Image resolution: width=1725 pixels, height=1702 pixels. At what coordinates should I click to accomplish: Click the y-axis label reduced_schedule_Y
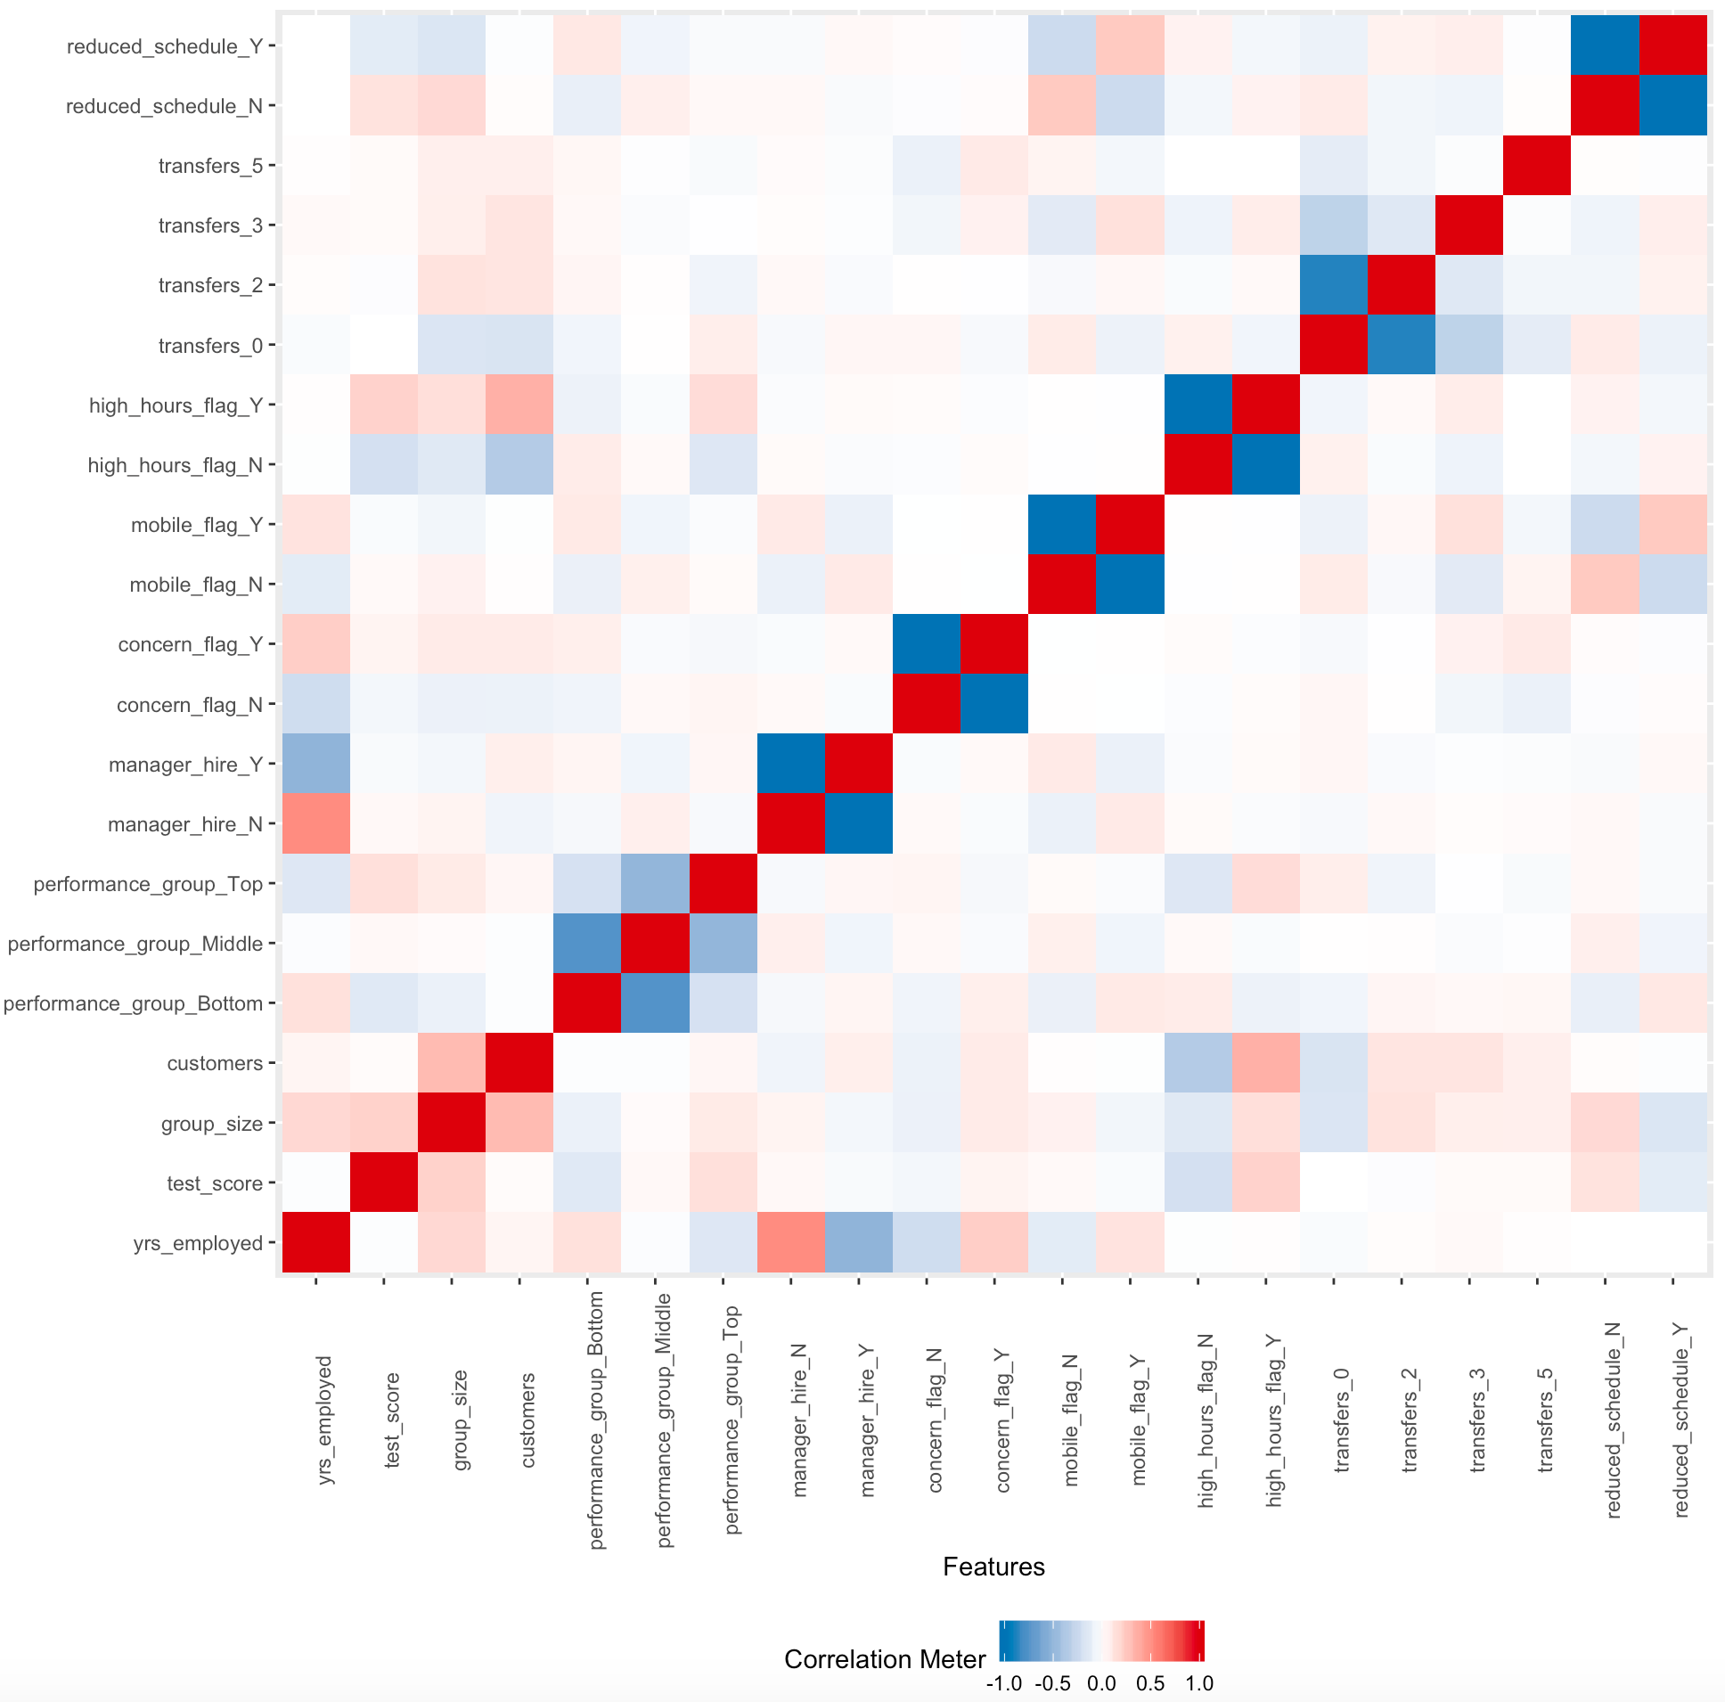click(164, 46)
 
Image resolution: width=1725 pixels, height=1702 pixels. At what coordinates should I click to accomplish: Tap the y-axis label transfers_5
click(209, 166)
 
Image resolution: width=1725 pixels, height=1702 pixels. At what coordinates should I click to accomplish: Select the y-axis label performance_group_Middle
click(135, 944)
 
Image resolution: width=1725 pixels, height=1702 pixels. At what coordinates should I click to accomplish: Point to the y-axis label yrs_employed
click(197, 1243)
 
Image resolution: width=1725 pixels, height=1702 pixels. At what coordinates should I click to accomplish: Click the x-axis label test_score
click(391, 1420)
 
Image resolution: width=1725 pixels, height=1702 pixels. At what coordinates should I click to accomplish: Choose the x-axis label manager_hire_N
click(799, 1420)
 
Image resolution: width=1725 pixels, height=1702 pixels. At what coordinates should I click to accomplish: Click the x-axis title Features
click(993, 1567)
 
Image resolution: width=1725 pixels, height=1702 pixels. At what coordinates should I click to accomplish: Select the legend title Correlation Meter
click(884, 1659)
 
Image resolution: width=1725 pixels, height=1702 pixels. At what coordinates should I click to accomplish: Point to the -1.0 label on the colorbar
click(1003, 1683)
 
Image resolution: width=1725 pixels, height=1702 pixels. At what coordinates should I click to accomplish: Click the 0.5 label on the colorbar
click(1150, 1683)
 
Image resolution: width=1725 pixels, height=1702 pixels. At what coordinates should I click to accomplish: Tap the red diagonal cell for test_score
click(384, 1182)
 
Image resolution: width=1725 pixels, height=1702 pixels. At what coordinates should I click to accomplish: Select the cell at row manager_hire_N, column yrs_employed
click(316, 823)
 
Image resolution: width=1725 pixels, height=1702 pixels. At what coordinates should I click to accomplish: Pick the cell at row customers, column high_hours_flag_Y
click(1266, 1062)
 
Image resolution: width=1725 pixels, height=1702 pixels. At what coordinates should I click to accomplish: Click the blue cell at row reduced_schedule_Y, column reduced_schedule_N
click(1606, 45)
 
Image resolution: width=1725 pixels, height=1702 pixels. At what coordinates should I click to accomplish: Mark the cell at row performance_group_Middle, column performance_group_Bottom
click(587, 943)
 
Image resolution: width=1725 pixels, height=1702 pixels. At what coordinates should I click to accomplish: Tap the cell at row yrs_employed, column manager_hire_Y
click(859, 1242)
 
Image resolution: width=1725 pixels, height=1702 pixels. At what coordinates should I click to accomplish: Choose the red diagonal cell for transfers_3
click(1469, 225)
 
